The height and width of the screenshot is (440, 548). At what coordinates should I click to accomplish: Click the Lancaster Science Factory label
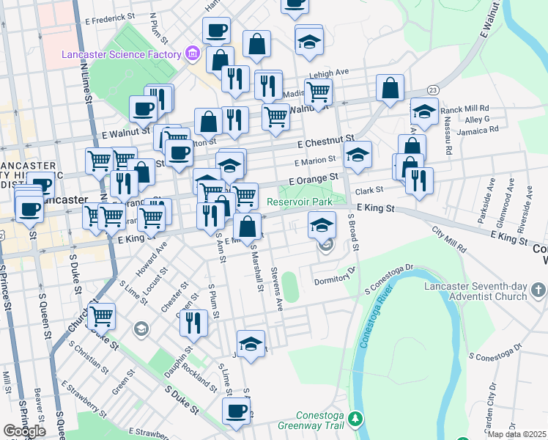pyautogui.click(x=122, y=54)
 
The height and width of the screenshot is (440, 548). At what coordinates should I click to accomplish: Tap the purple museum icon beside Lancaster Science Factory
pyautogui.click(x=193, y=54)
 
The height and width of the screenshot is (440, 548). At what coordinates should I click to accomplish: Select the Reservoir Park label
pyautogui.click(x=306, y=202)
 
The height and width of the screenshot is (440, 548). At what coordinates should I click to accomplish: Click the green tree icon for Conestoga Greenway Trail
pyautogui.click(x=355, y=418)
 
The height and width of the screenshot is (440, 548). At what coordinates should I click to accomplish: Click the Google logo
pyautogui.click(x=24, y=431)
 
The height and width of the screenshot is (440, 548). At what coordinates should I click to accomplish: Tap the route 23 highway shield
pyautogui.click(x=433, y=89)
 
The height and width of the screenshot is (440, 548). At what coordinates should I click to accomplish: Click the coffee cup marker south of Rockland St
pyautogui.click(x=236, y=412)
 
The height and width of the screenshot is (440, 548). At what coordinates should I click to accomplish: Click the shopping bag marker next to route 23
pyautogui.click(x=390, y=88)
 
